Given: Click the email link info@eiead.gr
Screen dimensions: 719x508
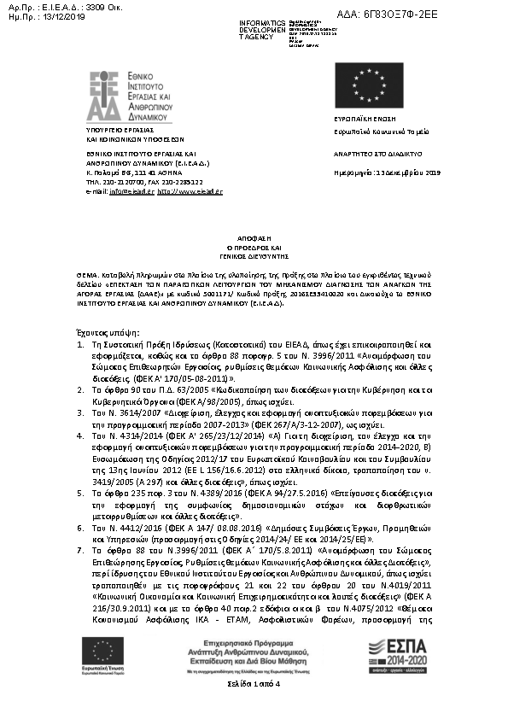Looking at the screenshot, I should pos(131,192).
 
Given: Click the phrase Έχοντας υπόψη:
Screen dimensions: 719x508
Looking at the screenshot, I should pos(114,332).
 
